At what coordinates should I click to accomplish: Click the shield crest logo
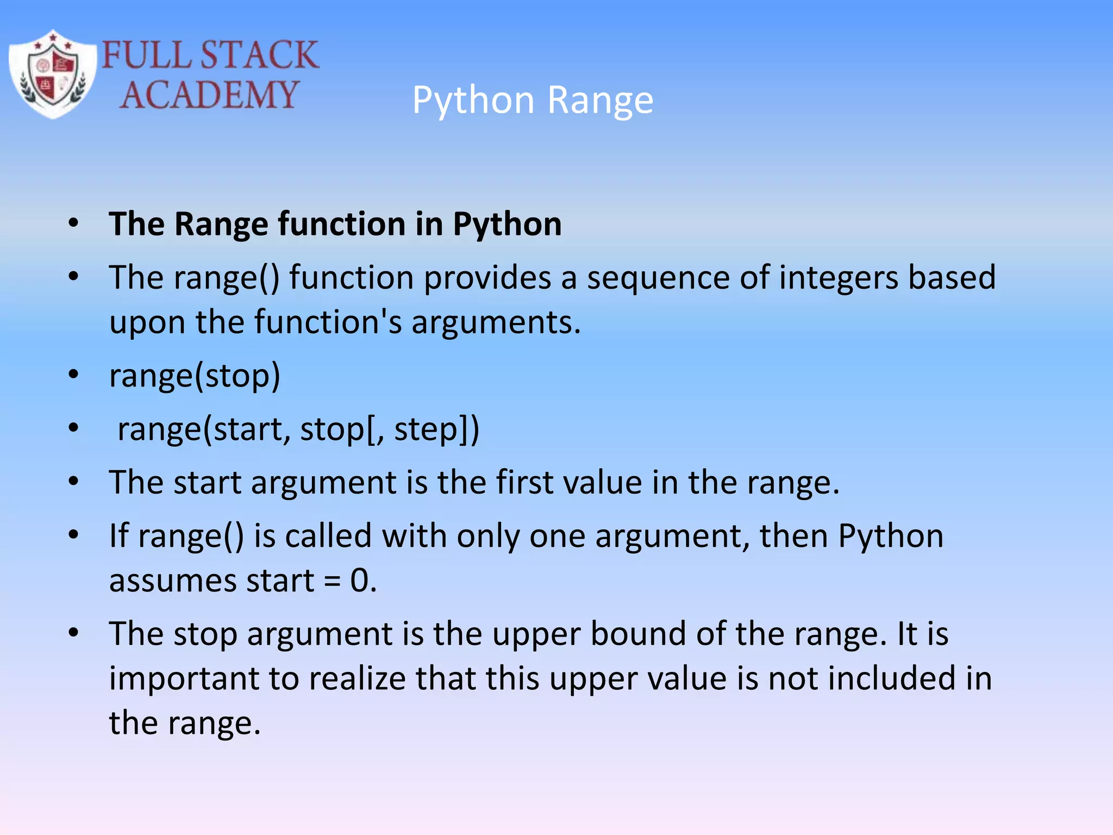point(53,74)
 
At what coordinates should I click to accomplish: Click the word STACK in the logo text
point(259,55)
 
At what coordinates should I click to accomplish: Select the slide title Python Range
point(533,101)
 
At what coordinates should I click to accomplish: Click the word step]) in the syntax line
point(436,429)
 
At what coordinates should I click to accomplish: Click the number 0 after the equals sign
point(360,581)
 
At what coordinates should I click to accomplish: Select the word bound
point(638,634)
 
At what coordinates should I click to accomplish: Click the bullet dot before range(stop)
point(73,375)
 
